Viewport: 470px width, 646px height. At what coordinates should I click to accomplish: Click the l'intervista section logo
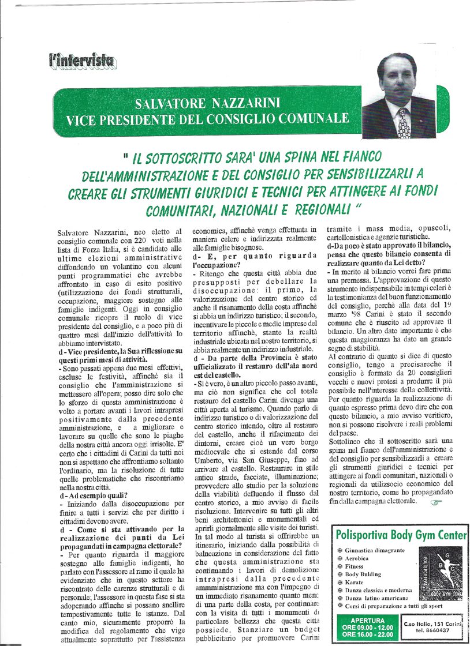pos(81,60)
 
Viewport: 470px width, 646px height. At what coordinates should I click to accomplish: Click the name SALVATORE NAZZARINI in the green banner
pos(207,104)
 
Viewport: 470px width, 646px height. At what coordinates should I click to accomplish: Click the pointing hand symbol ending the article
pos(437,502)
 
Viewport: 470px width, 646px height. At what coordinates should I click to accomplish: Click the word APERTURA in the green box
pos(367,621)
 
